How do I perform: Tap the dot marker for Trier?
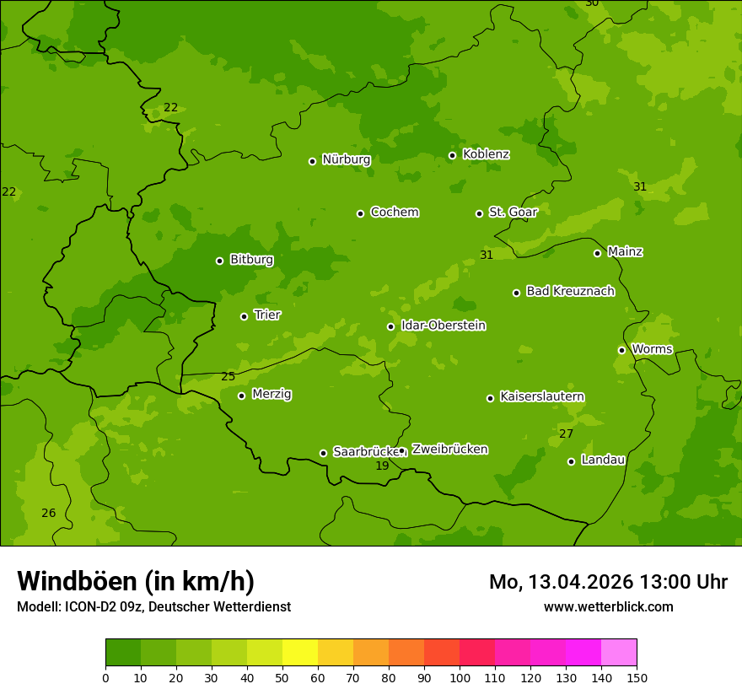[x=244, y=316]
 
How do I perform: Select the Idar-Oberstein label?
[x=443, y=326]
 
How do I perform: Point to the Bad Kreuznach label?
[x=570, y=291]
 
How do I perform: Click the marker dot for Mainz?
[x=597, y=253]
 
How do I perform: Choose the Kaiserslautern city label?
[x=542, y=396]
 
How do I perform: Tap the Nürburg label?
[x=346, y=159]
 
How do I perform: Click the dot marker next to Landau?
[x=571, y=461]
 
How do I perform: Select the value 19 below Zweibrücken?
[x=382, y=466]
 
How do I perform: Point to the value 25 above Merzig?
[x=228, y=376]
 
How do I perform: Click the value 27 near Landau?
[x=566, y=433]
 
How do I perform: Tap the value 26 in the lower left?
[x=49, y=513]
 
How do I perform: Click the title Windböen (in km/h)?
[x=136, y=581]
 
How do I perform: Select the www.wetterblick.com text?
[x=608, y=606]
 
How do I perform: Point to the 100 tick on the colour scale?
[x=460, y=677]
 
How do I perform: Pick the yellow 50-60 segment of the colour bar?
[x=300, y=653]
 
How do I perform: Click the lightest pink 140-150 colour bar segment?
[x=619, y=653]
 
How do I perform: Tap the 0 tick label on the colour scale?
[x=105, y=677]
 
